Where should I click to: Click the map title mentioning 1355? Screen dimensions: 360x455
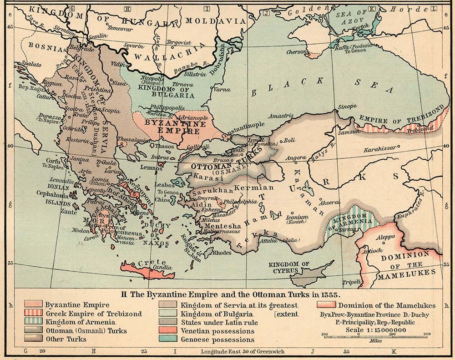(x=231, y=294)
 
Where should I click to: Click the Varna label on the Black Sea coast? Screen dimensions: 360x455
(x=222, y=89)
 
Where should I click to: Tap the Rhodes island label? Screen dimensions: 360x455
(x=222, y=252)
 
